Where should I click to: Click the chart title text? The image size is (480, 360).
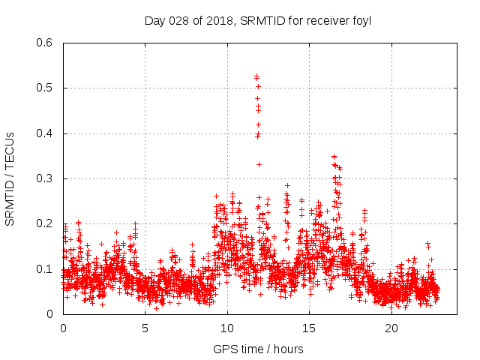258,21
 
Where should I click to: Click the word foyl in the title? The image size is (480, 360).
361,21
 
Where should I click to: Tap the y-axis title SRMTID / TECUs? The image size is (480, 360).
10,178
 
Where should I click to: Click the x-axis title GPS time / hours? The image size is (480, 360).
258,349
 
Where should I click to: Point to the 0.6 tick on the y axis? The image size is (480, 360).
45,43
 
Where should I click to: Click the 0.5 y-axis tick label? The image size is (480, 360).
45,88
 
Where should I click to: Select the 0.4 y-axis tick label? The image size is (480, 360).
45,133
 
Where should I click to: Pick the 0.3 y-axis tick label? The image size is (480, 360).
45,178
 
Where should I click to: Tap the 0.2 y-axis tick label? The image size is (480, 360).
45,224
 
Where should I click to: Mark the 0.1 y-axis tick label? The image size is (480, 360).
45,269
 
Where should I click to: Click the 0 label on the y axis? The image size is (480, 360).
50,314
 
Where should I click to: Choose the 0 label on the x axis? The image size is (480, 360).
63,328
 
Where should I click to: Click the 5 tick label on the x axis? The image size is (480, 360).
145,328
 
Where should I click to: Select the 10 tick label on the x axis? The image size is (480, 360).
227,328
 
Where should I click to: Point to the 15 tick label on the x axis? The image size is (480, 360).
309,328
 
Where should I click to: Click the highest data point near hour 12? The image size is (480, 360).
256,76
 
